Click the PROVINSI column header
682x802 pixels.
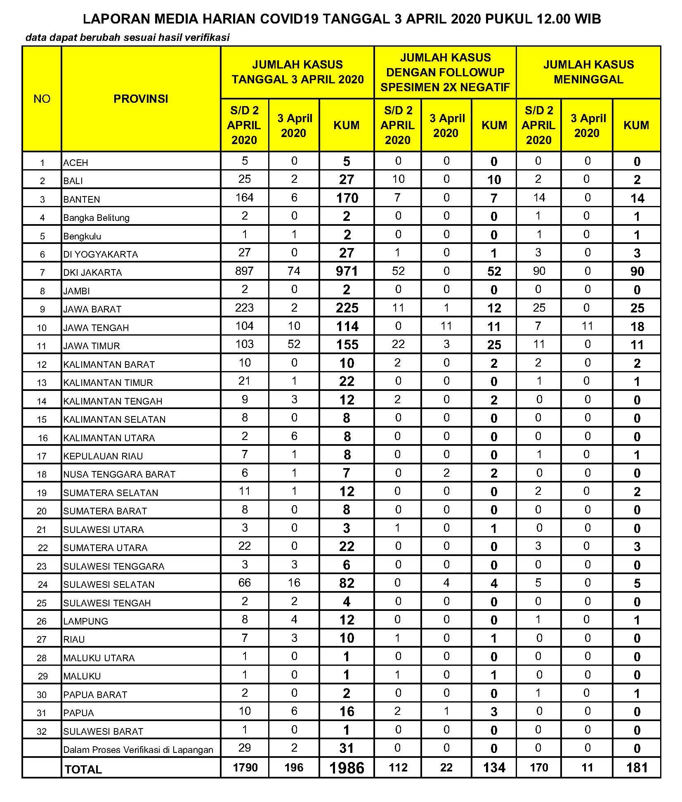141,99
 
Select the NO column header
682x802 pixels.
42,99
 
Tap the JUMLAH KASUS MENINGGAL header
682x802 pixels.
588,72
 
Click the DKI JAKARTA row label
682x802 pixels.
92,272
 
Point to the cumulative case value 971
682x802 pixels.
347,271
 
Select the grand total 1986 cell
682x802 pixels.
347,768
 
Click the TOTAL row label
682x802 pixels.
83,769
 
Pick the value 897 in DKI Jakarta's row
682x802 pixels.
244,271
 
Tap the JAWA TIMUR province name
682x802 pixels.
92,346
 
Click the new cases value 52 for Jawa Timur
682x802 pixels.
294,344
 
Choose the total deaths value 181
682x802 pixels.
637,768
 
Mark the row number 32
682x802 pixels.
42,731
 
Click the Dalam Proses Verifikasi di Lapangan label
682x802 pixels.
138,750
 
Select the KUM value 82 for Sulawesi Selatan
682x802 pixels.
347,583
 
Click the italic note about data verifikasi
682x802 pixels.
127,38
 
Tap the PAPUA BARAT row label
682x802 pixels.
95,695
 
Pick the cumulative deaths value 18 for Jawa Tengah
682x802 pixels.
637,326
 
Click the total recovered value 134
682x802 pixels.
494,768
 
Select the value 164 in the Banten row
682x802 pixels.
244,197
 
